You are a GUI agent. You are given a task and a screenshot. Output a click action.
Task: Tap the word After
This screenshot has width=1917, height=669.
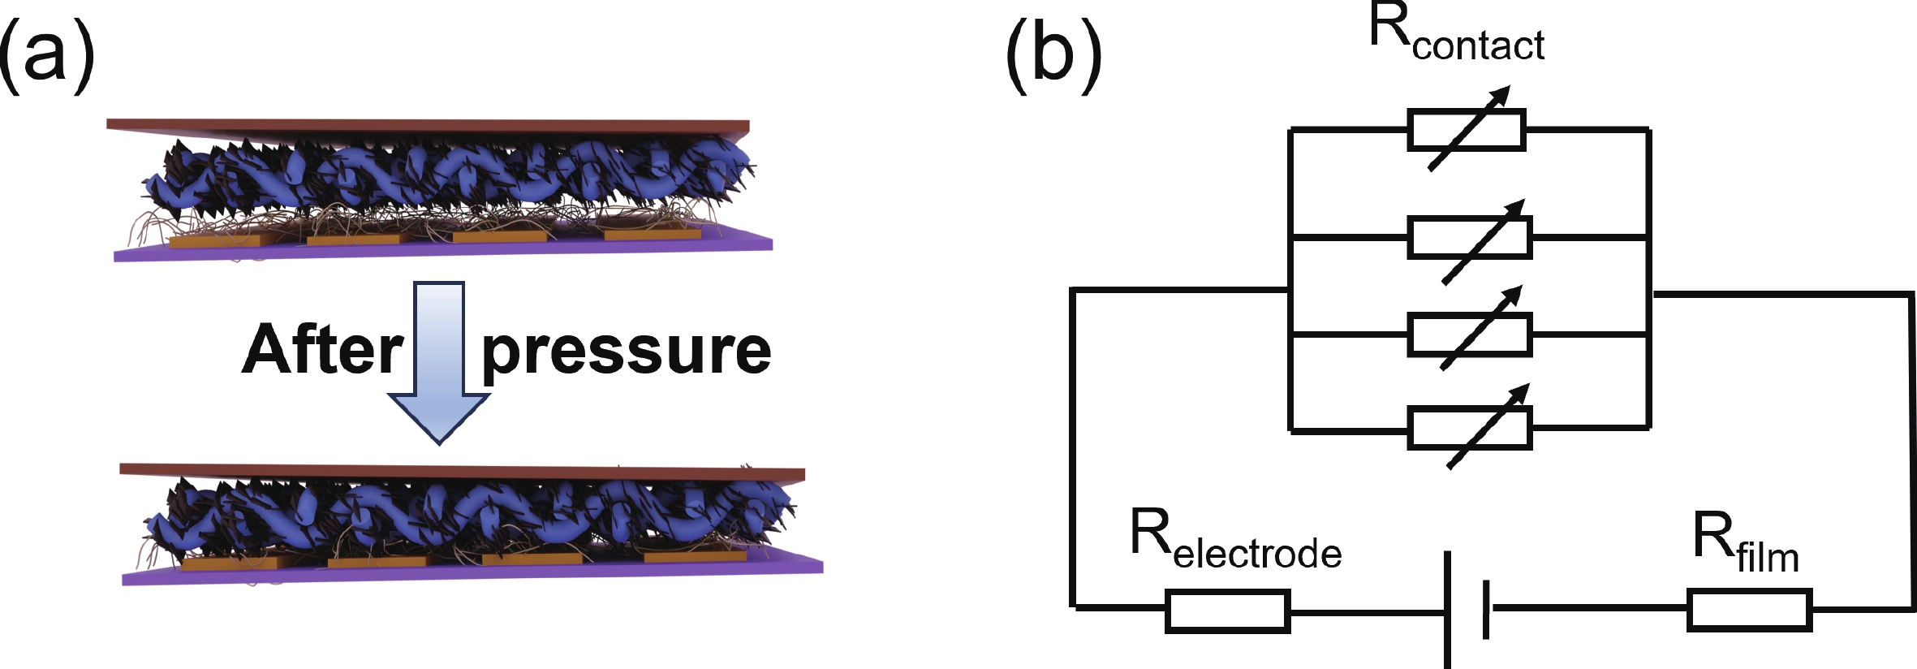click(322, 351)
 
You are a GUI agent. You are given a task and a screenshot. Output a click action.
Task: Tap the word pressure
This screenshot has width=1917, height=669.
click(626, 352)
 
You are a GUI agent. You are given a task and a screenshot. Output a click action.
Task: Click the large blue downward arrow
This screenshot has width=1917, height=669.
click(439, 365)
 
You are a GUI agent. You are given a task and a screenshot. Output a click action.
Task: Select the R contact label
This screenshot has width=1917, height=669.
click(1456, 37)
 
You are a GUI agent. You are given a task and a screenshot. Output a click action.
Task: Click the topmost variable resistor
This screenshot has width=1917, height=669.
click(1467, 130)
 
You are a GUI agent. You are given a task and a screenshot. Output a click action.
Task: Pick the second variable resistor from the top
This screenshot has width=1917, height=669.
click(1470, 237)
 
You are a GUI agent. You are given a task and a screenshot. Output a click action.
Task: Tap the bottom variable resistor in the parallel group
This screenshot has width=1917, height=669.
click(1470, 429)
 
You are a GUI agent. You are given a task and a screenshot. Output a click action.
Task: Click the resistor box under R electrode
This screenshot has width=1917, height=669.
click(1227, 611)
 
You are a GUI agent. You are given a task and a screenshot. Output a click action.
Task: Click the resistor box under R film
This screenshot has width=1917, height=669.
click(1749, 611)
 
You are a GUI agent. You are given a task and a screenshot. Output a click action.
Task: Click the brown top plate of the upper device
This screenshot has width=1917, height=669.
click(428, 127)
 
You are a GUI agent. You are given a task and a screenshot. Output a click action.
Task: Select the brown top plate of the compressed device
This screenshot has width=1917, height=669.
click(463, 473)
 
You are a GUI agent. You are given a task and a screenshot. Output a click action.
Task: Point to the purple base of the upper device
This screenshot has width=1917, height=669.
click(442, 250)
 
